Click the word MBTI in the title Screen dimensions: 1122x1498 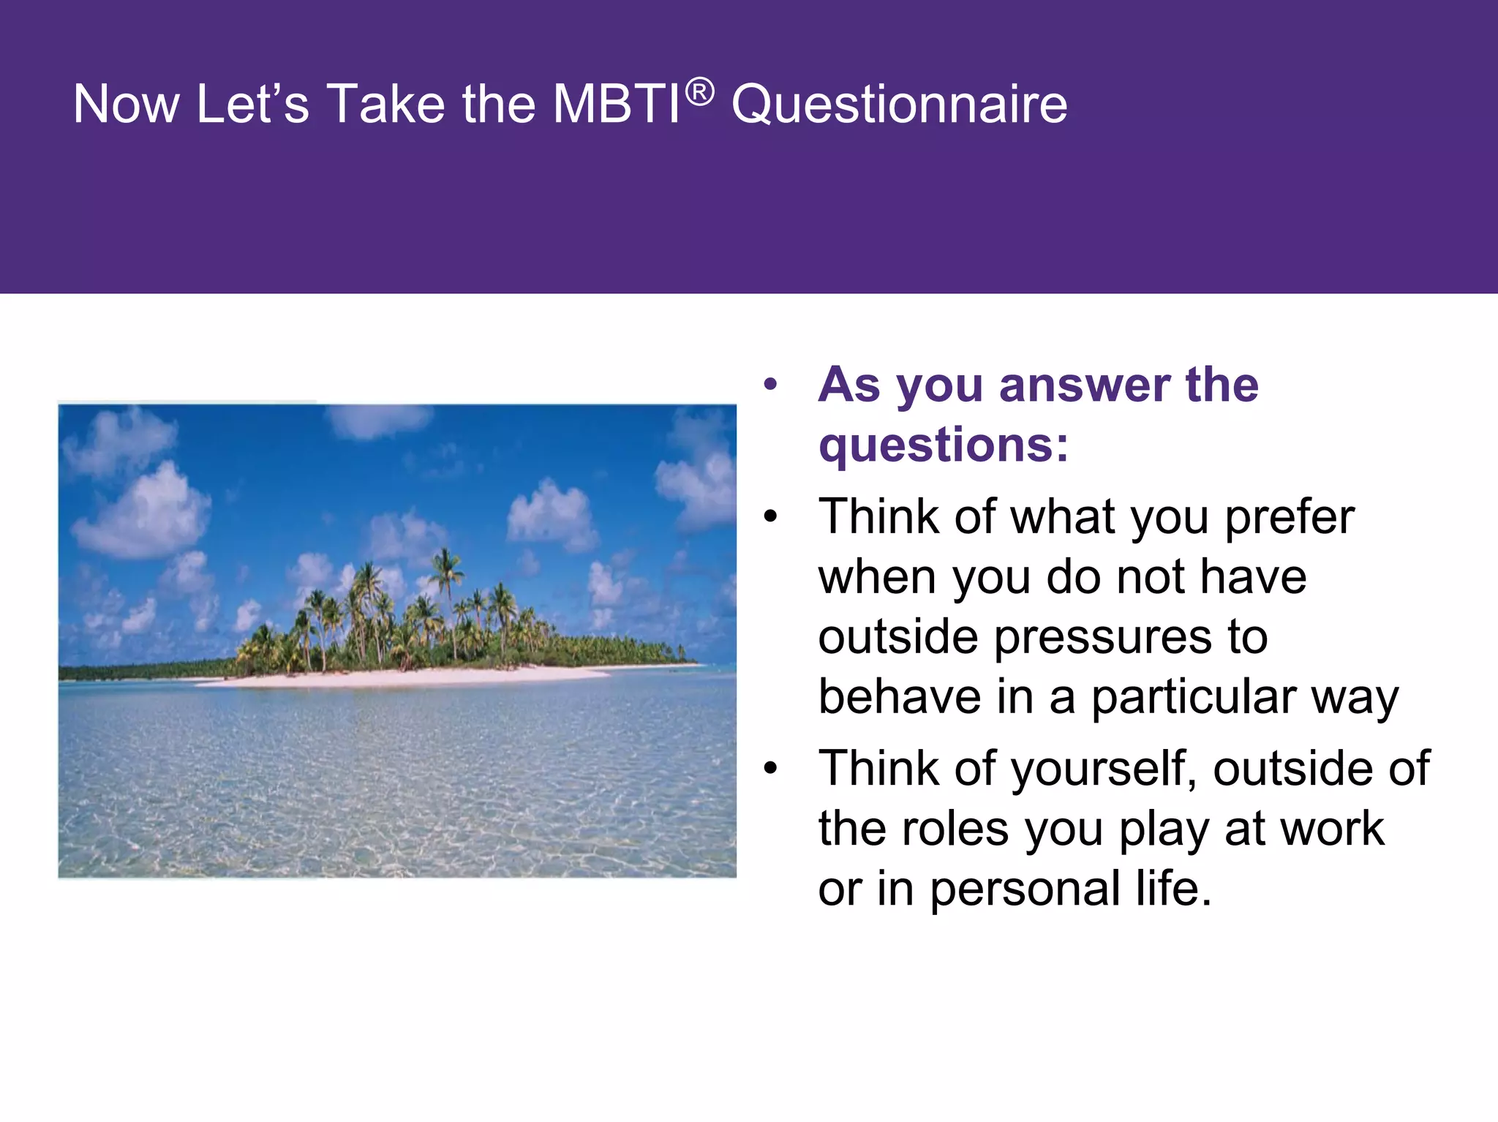pos(616,104)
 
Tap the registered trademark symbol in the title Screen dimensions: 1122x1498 pos(700,92)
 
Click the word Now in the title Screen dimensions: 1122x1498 pos(126,104)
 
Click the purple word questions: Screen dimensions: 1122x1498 pos(943,445)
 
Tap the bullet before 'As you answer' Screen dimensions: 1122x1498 pos(769,385)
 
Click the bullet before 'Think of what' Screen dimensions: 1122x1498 pos(769,517)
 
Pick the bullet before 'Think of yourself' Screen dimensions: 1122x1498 pos(769,769)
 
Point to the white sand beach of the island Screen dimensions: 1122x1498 pos(410,677)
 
